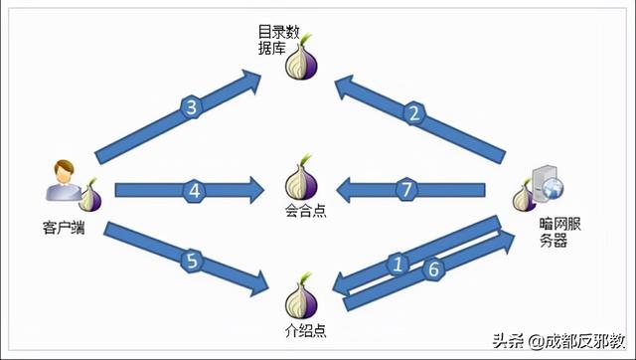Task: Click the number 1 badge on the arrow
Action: point(398,265)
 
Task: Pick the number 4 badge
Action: point(195,189)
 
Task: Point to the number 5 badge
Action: point(192,263)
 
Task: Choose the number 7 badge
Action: point(403,189)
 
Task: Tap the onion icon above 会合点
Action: point(302,178)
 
